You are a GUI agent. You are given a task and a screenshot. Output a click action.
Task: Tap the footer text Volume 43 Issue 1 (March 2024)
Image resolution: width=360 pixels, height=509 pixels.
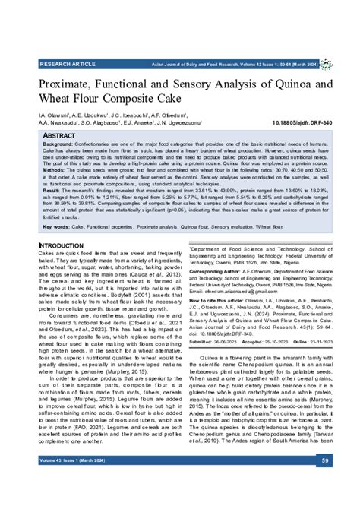click(74, 482)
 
